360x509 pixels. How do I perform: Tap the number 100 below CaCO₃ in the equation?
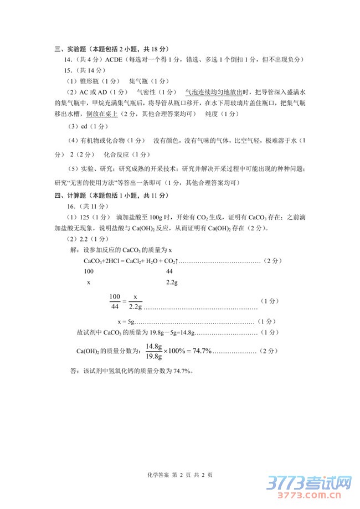[x=89, y=271]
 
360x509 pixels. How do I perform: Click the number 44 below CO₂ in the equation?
[x=170, y=271]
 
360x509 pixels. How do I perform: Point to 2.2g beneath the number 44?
[x=172, y=282]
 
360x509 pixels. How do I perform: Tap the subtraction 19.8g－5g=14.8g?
[x=167, y=332]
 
